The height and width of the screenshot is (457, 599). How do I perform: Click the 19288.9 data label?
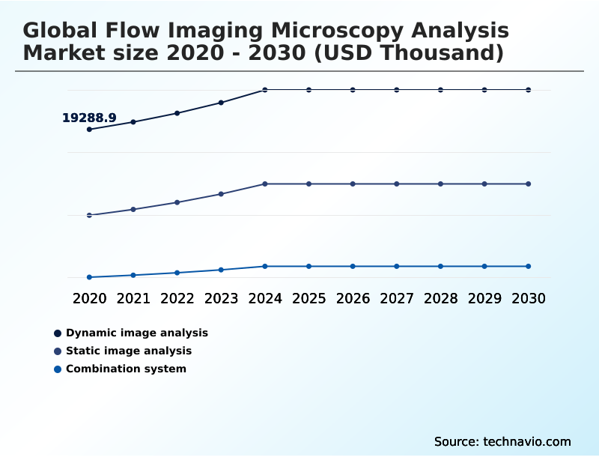pyautogui.click(x=89, y=118)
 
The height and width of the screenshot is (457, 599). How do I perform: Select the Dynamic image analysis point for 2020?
pyautogui.click(x=89, y=130)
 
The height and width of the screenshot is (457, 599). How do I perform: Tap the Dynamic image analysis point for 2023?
pyautogui.click(x=221, y=103)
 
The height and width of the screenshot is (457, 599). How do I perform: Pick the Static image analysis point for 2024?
pyautogui.click(x=265, y=184)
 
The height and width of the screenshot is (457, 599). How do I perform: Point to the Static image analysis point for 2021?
pyautogui.click(x=133, y=209)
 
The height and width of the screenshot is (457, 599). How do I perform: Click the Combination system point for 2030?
pyautogui.click(x=528, y=266)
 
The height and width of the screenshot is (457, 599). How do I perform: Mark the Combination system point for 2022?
pyautogui.click(x=177, y=273)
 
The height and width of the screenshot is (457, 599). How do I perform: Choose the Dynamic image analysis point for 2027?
pyautogui.click(x=397, y=90)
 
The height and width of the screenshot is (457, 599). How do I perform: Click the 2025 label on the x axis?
pyautogui.click(x=309, y=298)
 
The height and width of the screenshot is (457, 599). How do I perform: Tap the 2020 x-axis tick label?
pyautogui.click(x=89, y=298)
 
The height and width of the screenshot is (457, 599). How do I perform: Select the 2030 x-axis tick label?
pyautogui.click(x=528, y=298)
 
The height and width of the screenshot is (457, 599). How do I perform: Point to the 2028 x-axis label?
pyautogui.click(x=440, y=298)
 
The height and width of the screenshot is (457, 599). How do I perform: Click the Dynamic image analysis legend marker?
pyautogui.click(x=58, y=333)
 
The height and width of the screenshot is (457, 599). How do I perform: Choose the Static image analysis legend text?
pyautogui.click(x=129, y=351)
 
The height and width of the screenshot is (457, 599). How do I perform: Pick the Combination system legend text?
pyautogui.click(x=126, y=369)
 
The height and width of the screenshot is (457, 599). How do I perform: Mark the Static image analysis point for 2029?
pyautogui.click(x=484, y=184)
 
